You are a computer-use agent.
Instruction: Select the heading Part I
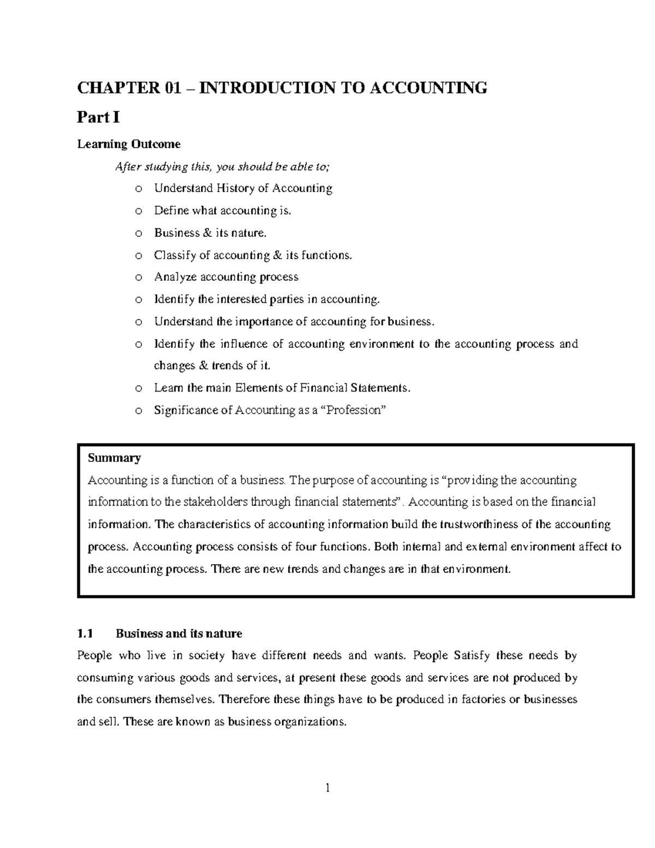pyautogui.click(x=98, y=117)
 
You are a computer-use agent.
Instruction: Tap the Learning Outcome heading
pyautogui.click(x=129, y=144)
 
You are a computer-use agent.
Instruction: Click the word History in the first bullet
pyautogui.click(x=235, y=188)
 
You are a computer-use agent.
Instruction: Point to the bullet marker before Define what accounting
pyautogui.click(x=138, y=211)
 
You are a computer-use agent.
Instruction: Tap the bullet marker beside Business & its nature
pyautogui.click(x=138, y=234)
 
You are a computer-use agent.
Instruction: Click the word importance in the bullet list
pyautogui.click(x=264, y=322)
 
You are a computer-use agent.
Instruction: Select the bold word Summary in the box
pyautogui.click(x=114, y=458)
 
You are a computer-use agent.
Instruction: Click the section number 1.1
pyautogui.click(x=85, y=633)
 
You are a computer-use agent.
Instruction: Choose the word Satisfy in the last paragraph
pyautogui.click(x=471, y=655)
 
